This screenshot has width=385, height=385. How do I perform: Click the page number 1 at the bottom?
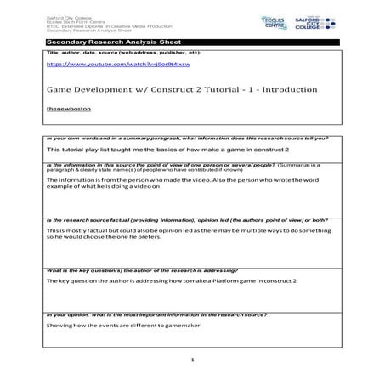(193, 360)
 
